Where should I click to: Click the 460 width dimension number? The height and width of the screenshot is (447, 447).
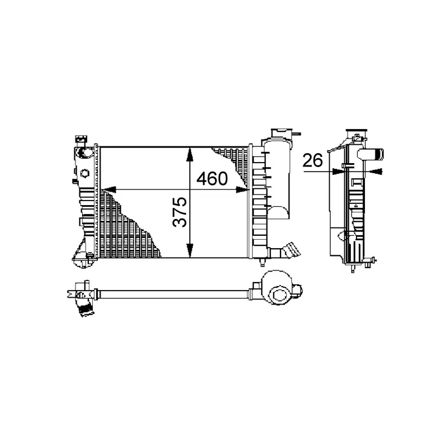coord(212,179)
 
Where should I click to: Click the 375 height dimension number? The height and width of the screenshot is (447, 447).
coord(180,212)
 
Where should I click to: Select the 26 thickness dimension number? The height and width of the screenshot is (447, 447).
coord(312,160)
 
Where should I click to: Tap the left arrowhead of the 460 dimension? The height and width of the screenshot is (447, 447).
coord(108,189)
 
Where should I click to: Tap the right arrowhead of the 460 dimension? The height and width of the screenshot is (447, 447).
coord(242,189)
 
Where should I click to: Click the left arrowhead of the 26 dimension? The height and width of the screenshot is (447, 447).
coord(339,172)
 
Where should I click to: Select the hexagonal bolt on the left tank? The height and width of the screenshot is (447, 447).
coord(85,173)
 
